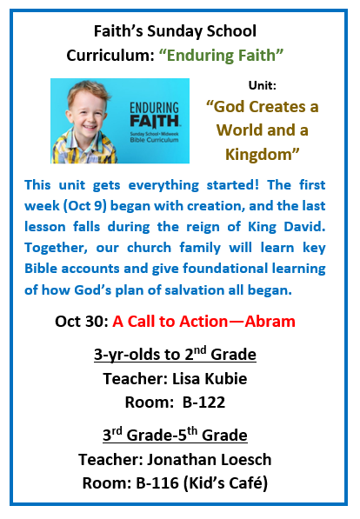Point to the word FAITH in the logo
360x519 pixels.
[x=155, y=121]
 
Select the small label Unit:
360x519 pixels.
[x=263, y=85]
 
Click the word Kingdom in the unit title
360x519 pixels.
[x=258, y=155]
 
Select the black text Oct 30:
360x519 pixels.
[x=82, y=322]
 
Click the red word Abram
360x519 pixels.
[x=270, y=322]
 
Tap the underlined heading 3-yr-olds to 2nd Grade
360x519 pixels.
[x=175, y=354]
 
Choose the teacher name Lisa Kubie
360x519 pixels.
[x=210, y=379]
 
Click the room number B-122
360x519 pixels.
[x=203, y=403]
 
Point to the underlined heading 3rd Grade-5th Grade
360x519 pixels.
[x=175, y=435]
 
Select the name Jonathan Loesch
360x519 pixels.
[x=209, y=459]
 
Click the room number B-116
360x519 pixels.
[x=157, y=482]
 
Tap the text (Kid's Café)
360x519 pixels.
[x=225, y=483]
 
